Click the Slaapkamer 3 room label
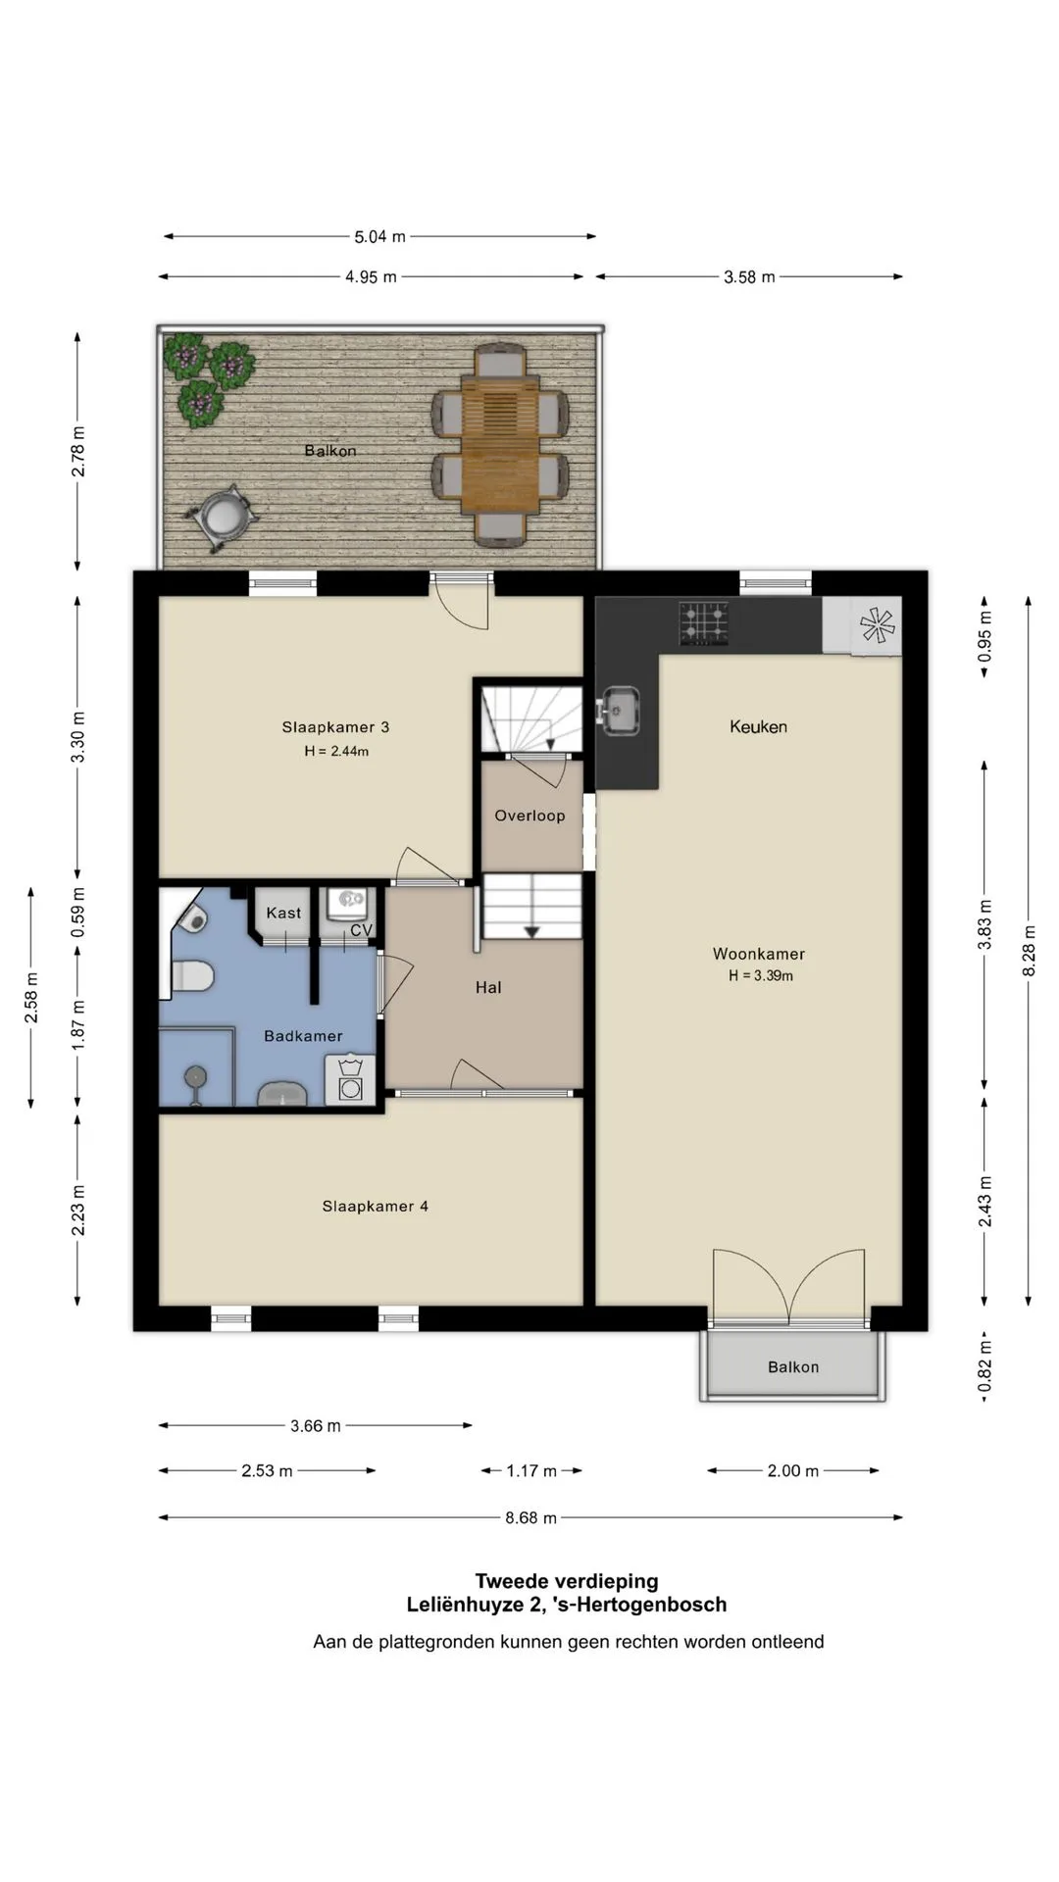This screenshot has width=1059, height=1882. [x=335, y=727]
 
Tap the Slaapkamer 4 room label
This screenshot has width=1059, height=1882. [x=376, y=1207]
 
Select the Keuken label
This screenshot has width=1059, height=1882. [x=758, y=726]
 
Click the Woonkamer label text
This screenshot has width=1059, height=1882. [x=759, y=954]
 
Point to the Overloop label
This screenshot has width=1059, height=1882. [x=529, y=816]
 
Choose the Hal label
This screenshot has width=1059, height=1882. [x=488, y=988]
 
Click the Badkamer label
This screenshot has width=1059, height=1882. [x=303, y=1036]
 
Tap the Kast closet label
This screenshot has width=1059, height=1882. [x=284, y=913]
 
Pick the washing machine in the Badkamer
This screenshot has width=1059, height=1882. [x=350, y=1081]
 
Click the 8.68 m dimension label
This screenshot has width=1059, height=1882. [x=530, y=1518]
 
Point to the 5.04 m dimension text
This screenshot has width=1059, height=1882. [x=379, y=236]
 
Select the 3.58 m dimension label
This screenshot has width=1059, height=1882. [x=749, y=277]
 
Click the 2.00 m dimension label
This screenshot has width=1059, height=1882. [x=792, y=1471]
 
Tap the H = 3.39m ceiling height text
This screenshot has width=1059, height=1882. [x=761, y=976]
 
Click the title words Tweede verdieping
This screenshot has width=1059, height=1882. [x=567, y=1581]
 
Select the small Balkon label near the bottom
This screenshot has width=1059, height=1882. [x=793, y=1367]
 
